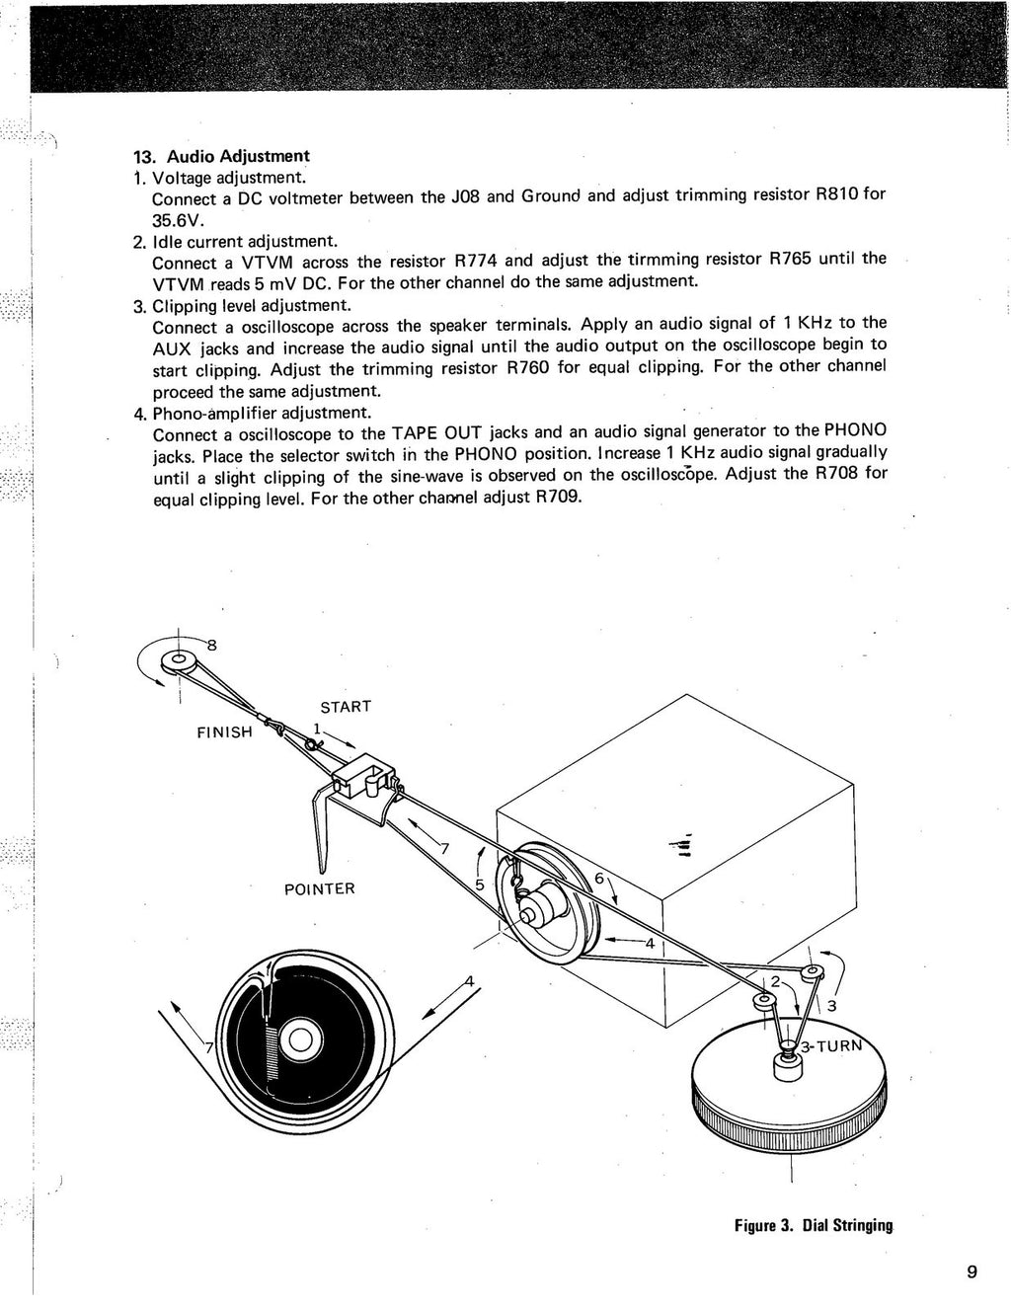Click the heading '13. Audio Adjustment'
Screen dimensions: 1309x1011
coord(221,156)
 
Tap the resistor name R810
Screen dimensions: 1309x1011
coord(835,194)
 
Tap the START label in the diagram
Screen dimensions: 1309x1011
coord(346,707)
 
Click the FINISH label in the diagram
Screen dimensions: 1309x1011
coord(225,732)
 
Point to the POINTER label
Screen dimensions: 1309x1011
coord(319,888)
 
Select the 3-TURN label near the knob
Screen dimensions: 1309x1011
coord(831,1047)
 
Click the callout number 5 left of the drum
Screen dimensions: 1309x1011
coord(480,885)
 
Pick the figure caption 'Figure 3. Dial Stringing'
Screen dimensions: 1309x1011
coord(813,1225)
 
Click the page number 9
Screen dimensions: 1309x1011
coord(972,1271)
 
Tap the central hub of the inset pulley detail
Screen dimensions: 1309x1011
coord(299,1039)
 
